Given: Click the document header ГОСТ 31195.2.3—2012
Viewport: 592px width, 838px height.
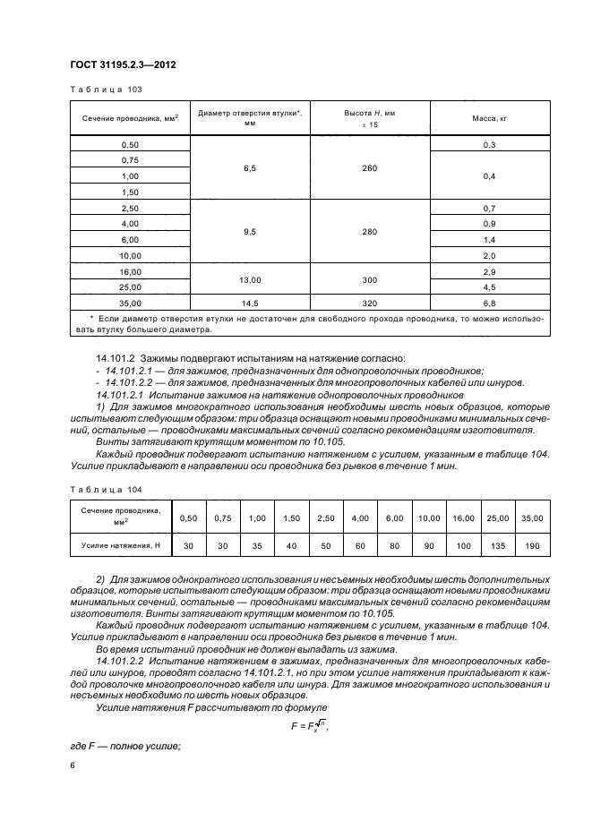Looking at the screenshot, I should (x=122, y=64).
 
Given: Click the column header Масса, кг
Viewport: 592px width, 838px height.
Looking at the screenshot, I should (x=490, y=117).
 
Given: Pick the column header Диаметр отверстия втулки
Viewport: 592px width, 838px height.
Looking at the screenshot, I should (x=250, y=117).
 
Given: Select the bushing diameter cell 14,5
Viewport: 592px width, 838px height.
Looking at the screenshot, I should (x=250, y=304).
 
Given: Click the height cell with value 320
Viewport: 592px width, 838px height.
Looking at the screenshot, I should (x=370, y=304).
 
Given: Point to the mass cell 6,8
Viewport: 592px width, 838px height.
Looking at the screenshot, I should (x=490, y=304).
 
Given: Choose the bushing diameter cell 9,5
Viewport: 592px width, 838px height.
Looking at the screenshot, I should (x=250, y=231).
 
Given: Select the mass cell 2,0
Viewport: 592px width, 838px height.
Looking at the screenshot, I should (x=490, y=254).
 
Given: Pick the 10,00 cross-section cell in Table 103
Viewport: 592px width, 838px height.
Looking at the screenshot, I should (x=130, y=254).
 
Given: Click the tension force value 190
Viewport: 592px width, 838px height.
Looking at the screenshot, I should (x=532, y=544).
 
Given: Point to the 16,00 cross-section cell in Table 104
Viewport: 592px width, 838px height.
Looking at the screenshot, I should (x=463, y=517).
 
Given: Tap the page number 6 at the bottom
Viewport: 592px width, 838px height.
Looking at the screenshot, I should (x=73, y=765).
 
